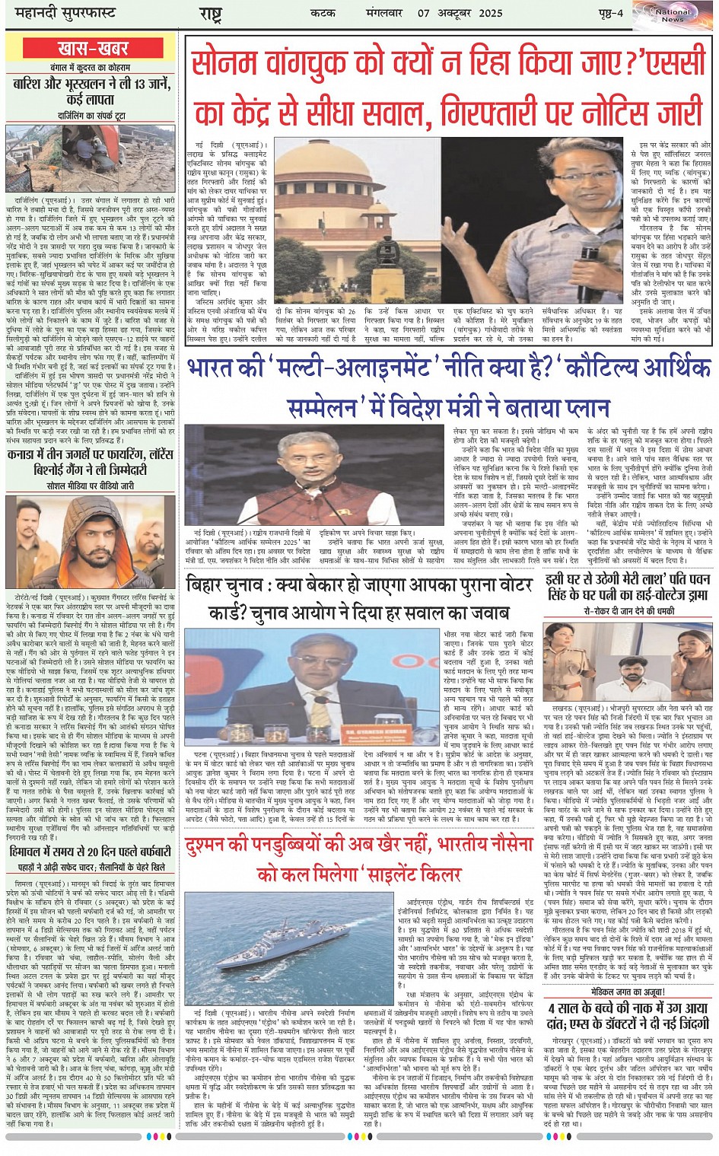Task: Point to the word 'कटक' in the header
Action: coord(323,13)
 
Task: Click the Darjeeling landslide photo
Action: coord(91,158)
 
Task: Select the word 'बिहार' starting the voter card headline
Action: coord(206,586)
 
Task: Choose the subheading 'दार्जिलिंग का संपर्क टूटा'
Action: coord(91,116)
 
